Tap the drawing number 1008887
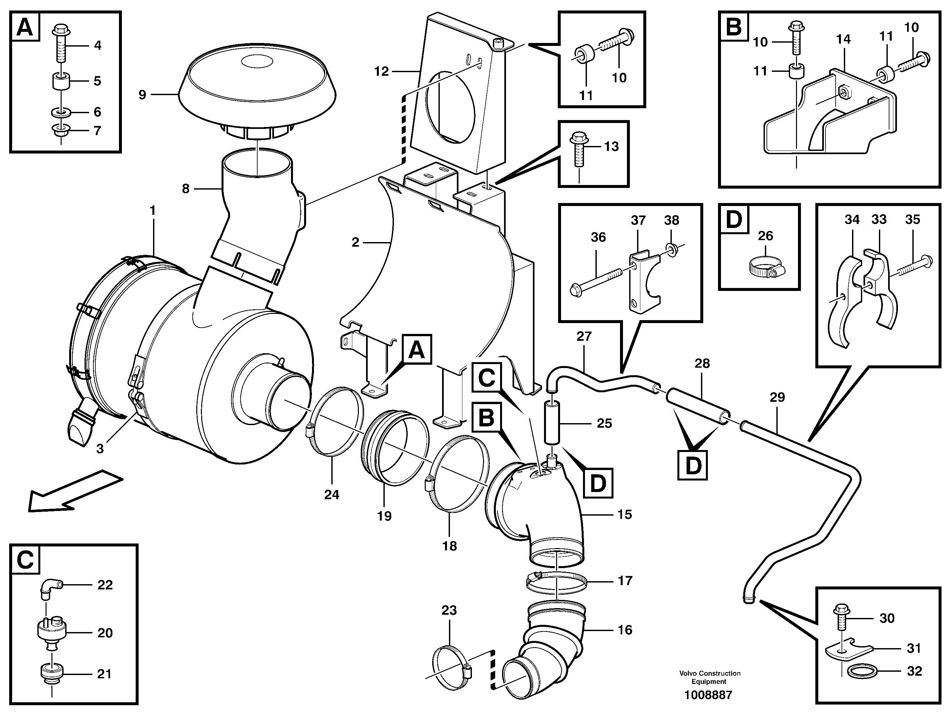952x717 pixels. pyautogui.click(x=708, y=695)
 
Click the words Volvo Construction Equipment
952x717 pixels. pyautogui.click(x=710, y=677)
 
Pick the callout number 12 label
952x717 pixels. pyautogui.click(x=381, y=72)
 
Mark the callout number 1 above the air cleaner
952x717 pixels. pyautogui.click(x=152, y=211)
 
